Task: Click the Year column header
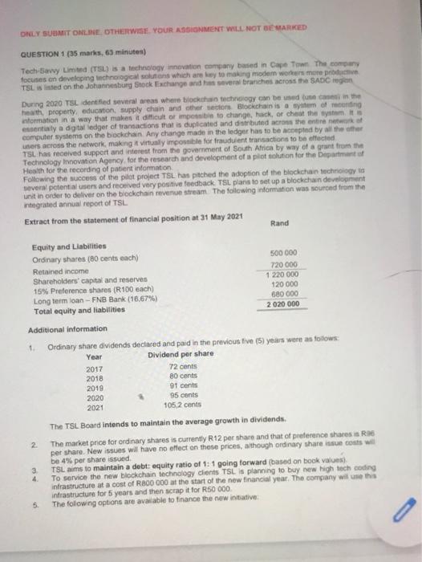click(x=94, y=356)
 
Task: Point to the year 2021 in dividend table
click(x=95, y=406)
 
